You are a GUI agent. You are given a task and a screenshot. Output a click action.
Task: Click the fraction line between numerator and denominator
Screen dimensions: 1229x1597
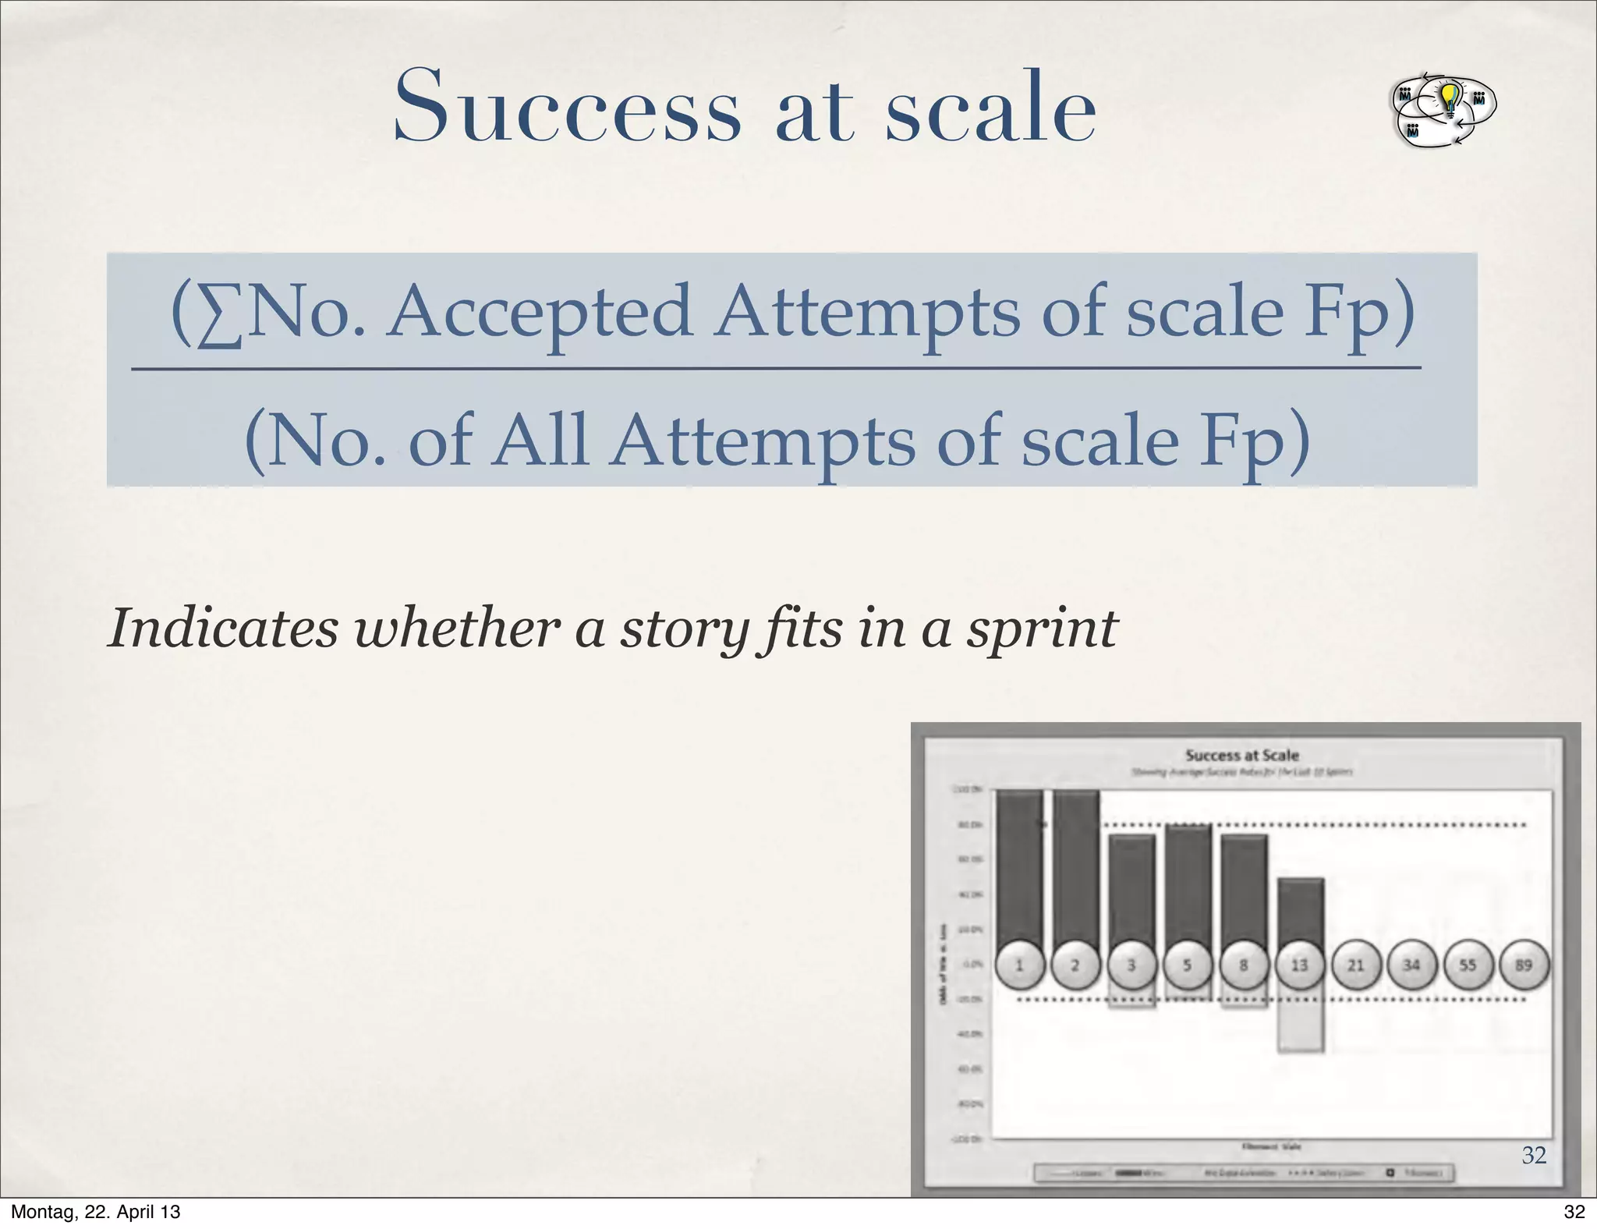(x=776, y=368)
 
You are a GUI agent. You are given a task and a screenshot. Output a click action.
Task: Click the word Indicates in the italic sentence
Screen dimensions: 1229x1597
(x=223, y=627)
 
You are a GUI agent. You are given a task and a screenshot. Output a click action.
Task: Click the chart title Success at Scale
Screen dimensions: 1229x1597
(x=1241, y=755)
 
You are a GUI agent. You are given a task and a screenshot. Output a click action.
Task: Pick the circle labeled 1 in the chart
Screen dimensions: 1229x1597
(x=1019, y=965)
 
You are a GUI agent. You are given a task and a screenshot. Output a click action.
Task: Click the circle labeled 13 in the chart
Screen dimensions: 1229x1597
(x=1299, y=965)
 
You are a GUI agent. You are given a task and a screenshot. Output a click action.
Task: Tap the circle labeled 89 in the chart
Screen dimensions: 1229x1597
(x=1523, y=965)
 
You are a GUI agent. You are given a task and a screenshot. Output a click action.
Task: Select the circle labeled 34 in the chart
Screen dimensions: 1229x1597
(x=1411, y=965)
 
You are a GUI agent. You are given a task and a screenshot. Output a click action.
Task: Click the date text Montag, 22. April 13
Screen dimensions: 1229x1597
(x=96, y=1212)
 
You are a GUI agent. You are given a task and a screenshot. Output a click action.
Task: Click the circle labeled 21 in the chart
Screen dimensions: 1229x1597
(x=1355, y=965)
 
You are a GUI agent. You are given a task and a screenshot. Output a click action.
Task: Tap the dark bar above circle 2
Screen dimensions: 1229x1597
(x=1076, y=866)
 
